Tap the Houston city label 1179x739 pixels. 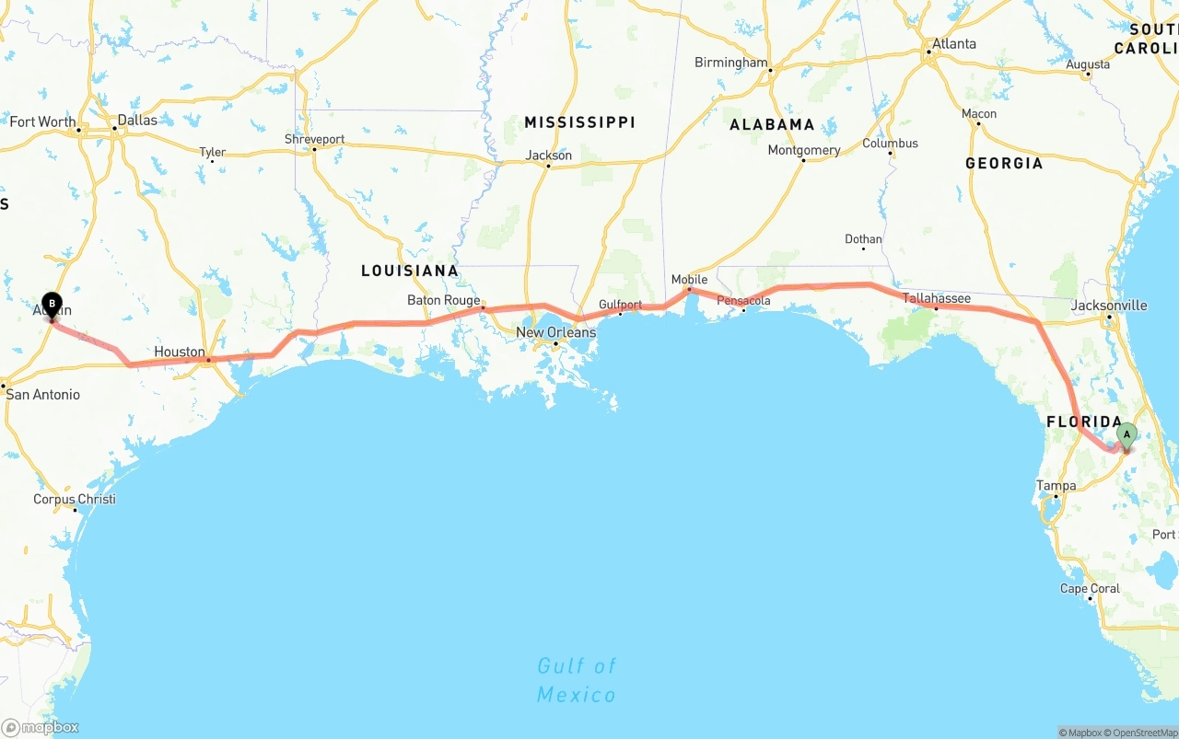(x=180, y=352)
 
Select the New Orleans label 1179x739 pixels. (x=555, y=332)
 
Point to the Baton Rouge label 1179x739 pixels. (x=444, y=300)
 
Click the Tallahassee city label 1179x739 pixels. (x=936, y=298)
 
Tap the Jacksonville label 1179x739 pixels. (x=1109, y=305)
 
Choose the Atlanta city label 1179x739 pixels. (x=953, y=44)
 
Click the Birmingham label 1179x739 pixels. (x=730, y=63)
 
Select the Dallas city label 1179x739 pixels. (x=137, y=120)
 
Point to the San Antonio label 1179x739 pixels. (x=43, y=395)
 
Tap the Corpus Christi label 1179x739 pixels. (x=75, y=499)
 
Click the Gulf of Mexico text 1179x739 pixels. (x=577, y=679)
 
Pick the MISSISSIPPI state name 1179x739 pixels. (x=579, y=122)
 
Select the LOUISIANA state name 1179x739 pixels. (x=409, y=271)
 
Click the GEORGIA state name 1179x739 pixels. (x=1004, y=163)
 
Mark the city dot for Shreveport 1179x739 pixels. (x=314, y=149)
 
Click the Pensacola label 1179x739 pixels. (x=744, y=300)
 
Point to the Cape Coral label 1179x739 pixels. (x=1090, y=588)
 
